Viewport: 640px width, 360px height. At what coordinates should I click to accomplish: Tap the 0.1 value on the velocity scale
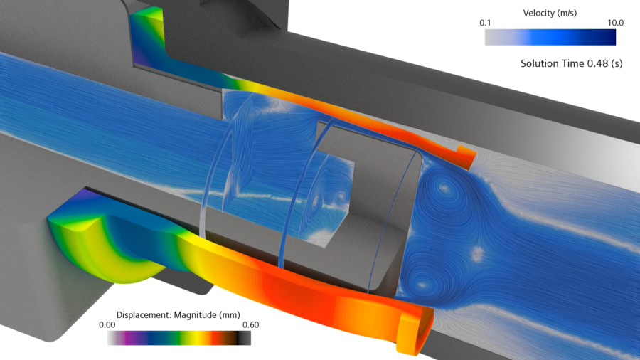pos(486,23)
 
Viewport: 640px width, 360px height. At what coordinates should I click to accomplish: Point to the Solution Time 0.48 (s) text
pos(572,64)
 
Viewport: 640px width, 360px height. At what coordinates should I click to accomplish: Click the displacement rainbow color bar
pos(178,339)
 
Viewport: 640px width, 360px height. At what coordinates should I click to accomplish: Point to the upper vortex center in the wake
pos(445,189)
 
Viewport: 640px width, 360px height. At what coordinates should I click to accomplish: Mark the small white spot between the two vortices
pos(479,253)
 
